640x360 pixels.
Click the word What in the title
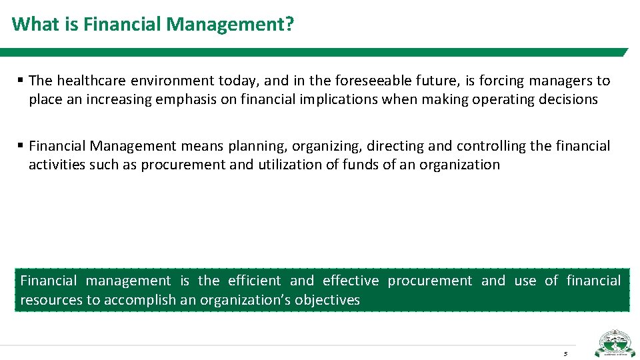(31, 25)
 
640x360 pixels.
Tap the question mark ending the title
(291, 25)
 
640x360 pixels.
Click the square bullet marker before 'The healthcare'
(21, 81)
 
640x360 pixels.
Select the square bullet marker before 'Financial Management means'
(21, 145)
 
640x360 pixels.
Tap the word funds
(362, 164)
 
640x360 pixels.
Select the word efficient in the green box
(254, 281)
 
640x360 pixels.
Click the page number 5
(565, 353)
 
